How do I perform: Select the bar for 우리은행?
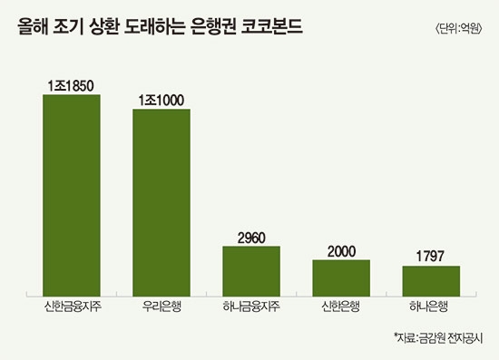point(161,200)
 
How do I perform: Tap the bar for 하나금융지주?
point(251,269)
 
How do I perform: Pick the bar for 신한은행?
point(341,276)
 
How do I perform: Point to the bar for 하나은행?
point(431,279)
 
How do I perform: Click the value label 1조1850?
point(72,84)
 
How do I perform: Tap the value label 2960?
point(251,237)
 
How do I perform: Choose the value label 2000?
point(341,250)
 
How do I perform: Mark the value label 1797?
point(431,257)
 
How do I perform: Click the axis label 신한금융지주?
point(72,306)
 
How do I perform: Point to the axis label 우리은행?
point(161,306)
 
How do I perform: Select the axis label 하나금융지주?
point(251,306)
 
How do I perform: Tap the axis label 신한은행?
point(341,306)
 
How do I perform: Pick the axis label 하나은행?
point(431,306)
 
